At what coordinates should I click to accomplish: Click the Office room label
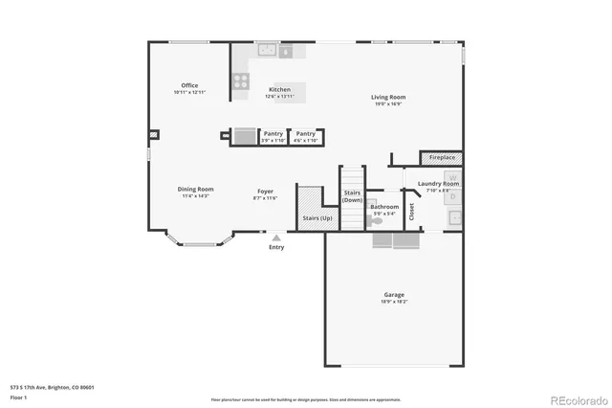click(x=189, y=85)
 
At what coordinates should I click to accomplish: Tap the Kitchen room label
click(x=279, y=90)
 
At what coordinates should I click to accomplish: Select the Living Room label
click(x=388, y=97)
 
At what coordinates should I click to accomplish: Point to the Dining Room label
click(x=195, y=189)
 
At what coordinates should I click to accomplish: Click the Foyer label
click(x=266, y=191)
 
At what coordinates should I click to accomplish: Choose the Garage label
click(x=394, y=294)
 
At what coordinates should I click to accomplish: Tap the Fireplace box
click(x=442, y=157)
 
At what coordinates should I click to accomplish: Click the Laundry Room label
click(x=438, y=183)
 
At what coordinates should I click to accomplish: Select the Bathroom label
click(x=384, y=206)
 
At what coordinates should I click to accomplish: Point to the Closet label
click(x=412, y=211)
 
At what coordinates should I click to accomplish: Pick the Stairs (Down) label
click(x=352, y=196)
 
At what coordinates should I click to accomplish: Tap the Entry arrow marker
click(x=276, y=236)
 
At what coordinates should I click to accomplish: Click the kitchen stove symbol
click(x=239, y=82)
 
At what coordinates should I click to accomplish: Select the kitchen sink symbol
click(x=266, y=51)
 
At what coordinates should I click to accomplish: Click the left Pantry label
click(x=273, y=134)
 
